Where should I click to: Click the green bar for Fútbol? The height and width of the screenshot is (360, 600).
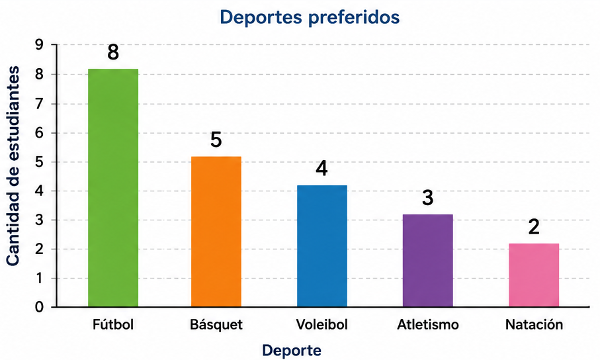tap(113, 188)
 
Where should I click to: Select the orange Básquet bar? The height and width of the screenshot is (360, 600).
tap(216, 232)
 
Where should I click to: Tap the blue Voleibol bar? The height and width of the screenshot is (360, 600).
tap(321, 246)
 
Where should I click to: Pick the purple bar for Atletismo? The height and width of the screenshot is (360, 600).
tap(428, 261)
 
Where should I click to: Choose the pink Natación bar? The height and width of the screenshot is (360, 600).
tap(534, 275)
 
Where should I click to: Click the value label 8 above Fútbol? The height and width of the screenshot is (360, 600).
tap(113, 52)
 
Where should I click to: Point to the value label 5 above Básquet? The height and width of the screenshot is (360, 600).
tap(216, 140)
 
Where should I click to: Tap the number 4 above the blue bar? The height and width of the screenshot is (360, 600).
tap(321, 169)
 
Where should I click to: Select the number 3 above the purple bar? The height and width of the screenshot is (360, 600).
tap(427, 198)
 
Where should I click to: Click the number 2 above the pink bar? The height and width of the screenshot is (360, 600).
tap(534, 227)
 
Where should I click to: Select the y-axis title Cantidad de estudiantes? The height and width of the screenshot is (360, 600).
tap(13, 166)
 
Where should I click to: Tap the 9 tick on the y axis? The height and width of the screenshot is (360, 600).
tap(40, 45)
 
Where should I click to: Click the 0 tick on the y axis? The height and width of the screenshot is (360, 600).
tap(40, 307)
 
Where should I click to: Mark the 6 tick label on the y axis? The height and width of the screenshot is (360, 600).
tap(40, 133)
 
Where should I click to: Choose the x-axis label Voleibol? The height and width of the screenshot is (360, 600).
tap(321, 324)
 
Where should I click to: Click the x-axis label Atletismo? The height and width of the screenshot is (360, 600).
tap(428, 324)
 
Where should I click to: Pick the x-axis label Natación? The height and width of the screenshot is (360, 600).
tap(535, 324)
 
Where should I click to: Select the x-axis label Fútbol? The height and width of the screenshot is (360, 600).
tap(113, 324)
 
